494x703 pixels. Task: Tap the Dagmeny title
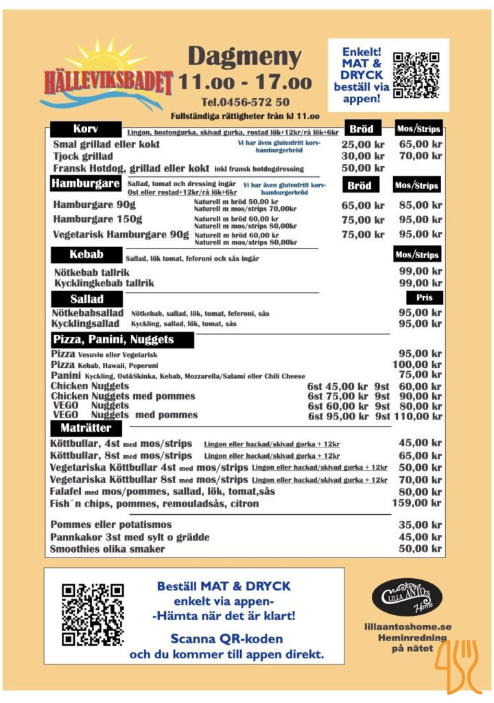(x=244, y=56)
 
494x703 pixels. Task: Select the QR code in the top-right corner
(x=416, y=74)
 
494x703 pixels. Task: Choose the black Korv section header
(x=86, y=129)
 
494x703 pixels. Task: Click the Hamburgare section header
(x=86, y=183)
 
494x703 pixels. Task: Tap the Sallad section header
(x=86, y=299)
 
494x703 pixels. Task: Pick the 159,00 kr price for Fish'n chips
(x=419, y=503)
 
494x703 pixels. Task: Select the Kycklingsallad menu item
(x=86, y=323)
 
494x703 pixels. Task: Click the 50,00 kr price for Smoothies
(x=420, y=549)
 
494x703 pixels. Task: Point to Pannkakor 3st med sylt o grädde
(x=130, y=537)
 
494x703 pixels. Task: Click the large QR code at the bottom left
(x=93, y=614)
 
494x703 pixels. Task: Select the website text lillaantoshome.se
(x=408, y=627)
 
